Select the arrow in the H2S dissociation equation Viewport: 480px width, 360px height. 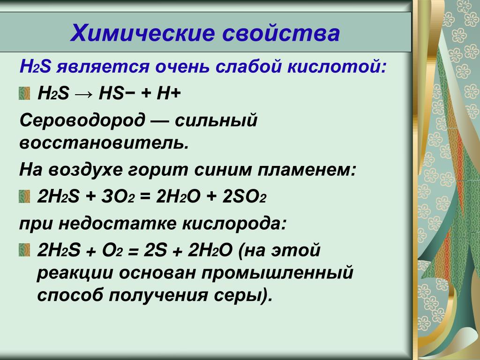[x=83, y=94]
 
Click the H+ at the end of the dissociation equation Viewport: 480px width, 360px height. [x=169, y=93]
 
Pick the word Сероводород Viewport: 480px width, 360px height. [x=82, y=120]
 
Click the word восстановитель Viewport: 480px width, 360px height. [x=104, y=142]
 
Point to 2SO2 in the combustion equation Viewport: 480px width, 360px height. [x=244, y=196]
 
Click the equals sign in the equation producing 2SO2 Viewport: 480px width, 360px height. [x=145, y=197]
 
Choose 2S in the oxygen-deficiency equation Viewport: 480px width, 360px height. [x=155, y=250]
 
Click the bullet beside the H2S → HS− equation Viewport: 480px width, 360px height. [x=24, y=93]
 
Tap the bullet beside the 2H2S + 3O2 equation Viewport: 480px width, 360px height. [x=24, y=196]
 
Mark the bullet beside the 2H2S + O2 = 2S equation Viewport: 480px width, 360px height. [x=24, y=250]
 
